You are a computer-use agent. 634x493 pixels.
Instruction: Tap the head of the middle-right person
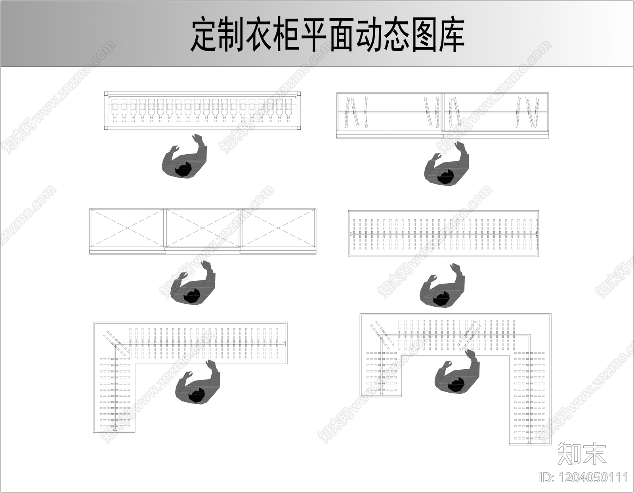pos(441,298)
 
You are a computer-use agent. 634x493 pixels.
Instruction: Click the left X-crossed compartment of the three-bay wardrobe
pos(127,229)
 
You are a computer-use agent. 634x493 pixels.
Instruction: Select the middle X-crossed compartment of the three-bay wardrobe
pos(202,229)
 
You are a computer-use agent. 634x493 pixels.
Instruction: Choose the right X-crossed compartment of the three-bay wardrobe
pos(279,229)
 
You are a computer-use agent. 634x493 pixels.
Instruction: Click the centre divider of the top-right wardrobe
pos(442,113)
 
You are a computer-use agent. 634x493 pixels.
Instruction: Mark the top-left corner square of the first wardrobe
pos(106,94)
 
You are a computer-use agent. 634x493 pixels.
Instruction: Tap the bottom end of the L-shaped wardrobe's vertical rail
pos(115,429)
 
